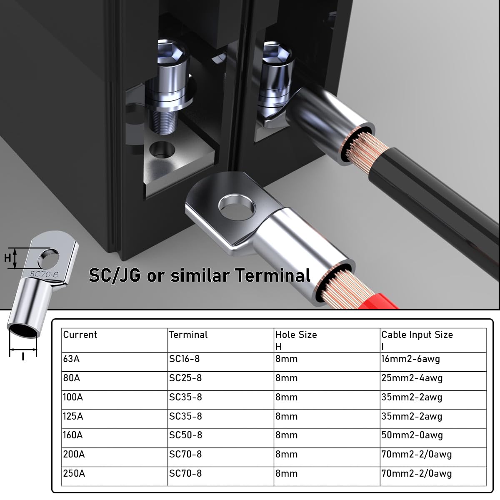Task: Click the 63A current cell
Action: point(115,362)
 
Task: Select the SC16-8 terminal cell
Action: point(221,362)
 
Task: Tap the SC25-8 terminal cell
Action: point(221,381)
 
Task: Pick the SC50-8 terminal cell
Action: point(221,438)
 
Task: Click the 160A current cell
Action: point(115,438)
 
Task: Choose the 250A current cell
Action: point(115,476)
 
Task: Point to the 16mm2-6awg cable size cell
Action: point(433,362)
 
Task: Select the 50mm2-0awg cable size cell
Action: point(433,438)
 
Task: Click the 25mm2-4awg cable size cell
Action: point(433,381)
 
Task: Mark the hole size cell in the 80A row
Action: point(327,381)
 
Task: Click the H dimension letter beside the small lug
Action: point(7,258)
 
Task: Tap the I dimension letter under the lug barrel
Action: point(23,357)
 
